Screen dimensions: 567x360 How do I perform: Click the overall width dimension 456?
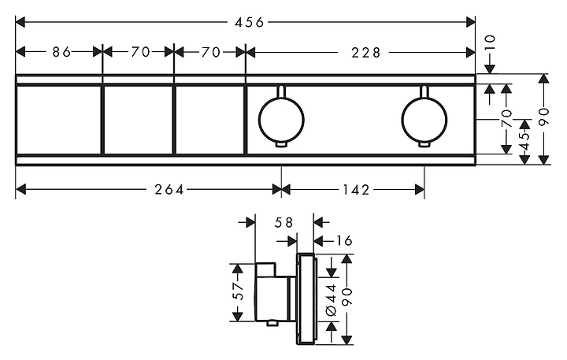point(249,23)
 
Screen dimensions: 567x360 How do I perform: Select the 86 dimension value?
point(61,52)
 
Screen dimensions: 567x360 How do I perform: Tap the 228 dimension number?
point(365,53)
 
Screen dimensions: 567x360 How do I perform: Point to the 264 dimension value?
point(169,189)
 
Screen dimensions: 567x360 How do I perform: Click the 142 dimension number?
point(356,189)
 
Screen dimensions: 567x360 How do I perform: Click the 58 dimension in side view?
point(283,222)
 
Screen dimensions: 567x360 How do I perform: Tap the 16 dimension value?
point(343,240)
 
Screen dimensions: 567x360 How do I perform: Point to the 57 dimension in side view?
point(238,291)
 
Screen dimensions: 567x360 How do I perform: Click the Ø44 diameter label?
point(332,299)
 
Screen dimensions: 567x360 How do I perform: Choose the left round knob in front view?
point(281,120)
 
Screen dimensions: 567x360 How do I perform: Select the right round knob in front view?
point(424,120)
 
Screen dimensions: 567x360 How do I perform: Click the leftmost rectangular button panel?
point(59,120)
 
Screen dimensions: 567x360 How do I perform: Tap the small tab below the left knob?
point(281,145)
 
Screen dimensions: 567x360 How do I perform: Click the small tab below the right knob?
point(424,145)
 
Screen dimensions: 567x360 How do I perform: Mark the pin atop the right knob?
point(424,91)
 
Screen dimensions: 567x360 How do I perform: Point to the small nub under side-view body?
point(272,324)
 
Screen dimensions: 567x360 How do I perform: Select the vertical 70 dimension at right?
point(506,118)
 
